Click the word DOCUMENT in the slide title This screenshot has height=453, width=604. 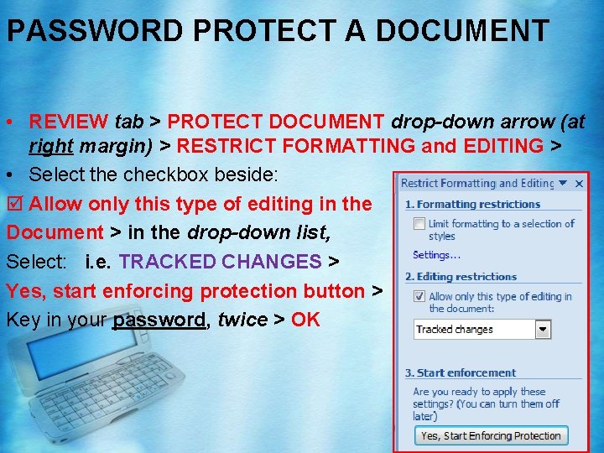462,30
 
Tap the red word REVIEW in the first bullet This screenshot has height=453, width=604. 68,122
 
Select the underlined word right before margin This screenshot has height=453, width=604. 51,146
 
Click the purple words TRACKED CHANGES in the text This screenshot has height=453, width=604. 220,261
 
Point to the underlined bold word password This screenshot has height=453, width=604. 159,320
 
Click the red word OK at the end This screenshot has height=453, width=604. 305,320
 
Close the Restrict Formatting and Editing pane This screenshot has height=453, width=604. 579,183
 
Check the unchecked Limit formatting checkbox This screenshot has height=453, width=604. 419,224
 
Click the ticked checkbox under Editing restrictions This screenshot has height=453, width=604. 419,296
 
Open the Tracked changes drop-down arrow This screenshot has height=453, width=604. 544,330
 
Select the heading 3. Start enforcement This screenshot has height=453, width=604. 461,372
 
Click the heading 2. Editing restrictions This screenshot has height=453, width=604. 461,277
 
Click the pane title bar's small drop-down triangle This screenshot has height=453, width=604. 564,183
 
